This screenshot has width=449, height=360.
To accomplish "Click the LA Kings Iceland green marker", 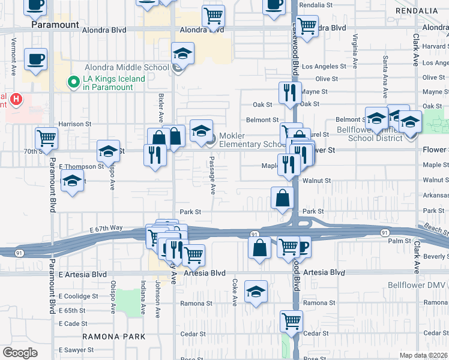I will [74, 82].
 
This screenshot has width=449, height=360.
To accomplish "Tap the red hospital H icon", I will [16, 98].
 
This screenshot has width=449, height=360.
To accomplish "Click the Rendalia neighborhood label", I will [420, 11].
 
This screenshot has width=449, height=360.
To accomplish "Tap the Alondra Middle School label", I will [127, 68].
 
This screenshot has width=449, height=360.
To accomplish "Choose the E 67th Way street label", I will [106, 229].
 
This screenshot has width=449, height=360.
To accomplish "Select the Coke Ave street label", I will [234, 290].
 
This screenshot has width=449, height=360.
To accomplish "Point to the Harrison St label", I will [74, 124].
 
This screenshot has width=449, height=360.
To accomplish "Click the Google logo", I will [20, 353].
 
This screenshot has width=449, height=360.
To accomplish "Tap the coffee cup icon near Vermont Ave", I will [35, 59].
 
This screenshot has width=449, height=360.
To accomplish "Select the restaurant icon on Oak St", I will [290, 93].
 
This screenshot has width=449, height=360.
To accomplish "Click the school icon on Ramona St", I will [256, 293].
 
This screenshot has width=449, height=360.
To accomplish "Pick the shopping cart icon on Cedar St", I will [291, 321].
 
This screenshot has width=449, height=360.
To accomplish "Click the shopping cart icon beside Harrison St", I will [46, 138].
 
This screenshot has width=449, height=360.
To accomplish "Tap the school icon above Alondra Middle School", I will [182, 53].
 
